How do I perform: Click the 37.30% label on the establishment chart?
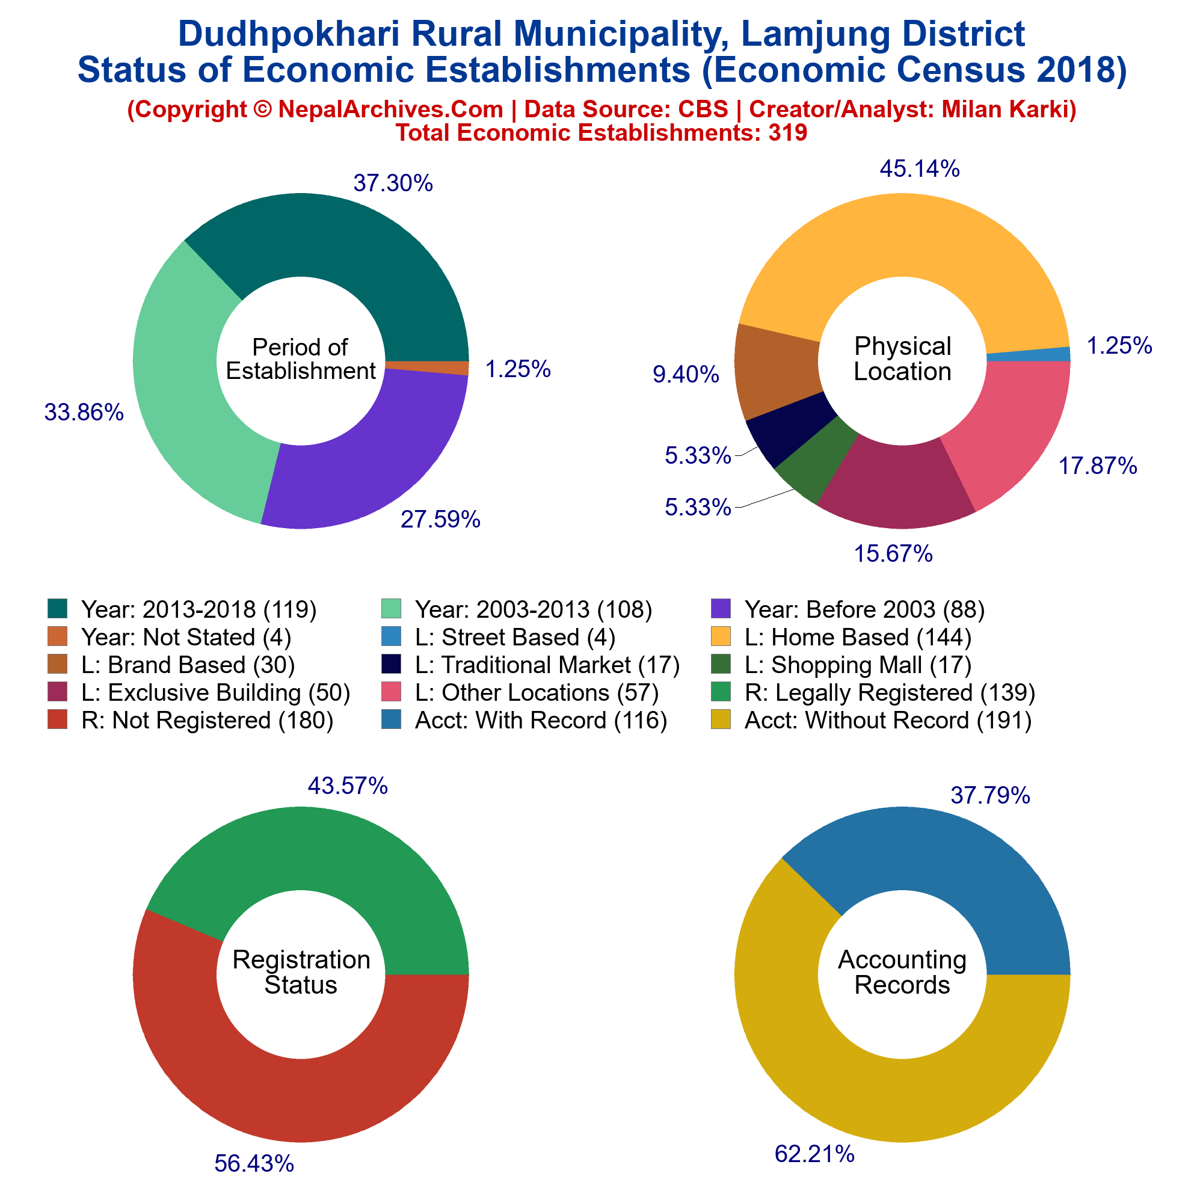click(393, 183)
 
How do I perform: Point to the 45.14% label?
click(919, 168)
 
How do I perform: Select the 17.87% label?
click(1098, 466)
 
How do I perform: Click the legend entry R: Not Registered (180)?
click(208, 720)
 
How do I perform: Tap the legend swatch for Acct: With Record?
click(390, 720)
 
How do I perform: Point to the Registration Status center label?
click(301, 972)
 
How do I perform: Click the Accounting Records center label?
click(902, 972)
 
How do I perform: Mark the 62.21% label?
click(814, 1154)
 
